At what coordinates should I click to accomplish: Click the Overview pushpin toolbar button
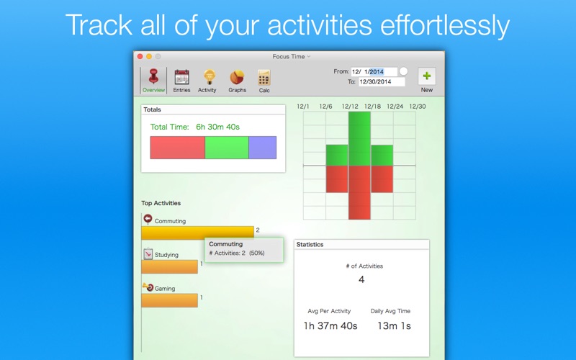[x=153, y=81]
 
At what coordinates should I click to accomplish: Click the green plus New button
[x=426, y=76]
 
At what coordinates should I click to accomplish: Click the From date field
[x=374, y=71]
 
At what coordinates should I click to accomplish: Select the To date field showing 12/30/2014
[x=382, y=81]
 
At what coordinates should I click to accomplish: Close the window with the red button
[x=140, y=56]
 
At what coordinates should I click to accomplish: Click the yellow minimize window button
[x=149, y=56]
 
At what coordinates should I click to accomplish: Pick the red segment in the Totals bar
[x=177, y=148]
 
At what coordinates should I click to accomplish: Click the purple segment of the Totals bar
[x=263, y=148]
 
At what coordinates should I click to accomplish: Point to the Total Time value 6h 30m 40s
[x=217, y=127]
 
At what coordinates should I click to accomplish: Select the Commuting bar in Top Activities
[x=197, y=233]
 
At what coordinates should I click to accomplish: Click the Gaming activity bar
[x=169, y=300]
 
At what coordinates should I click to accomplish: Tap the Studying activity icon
[x=148, y=254]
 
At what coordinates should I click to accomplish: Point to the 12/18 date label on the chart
[x=372, y=107]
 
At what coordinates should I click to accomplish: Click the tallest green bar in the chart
[x=359, y=139]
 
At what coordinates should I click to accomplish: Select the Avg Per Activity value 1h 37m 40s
[x=330, y=326]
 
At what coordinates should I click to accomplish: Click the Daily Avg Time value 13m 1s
[x=394, y=326]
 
